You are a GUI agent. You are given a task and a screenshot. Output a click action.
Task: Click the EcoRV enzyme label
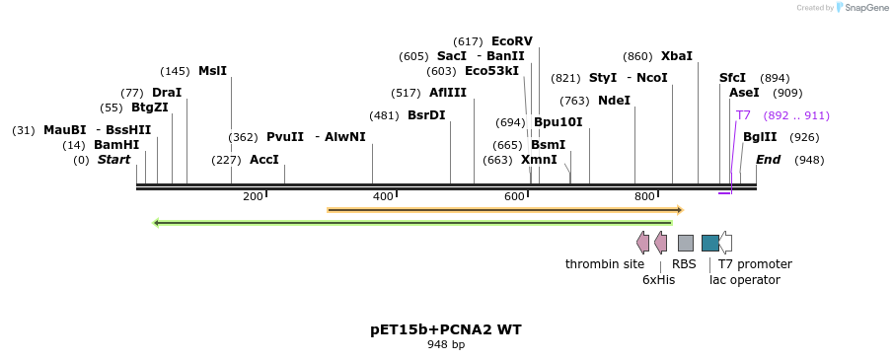pyautogui.click(x=511, y=41)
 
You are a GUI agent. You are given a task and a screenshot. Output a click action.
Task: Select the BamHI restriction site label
pyautogui.click(x=116, y=145)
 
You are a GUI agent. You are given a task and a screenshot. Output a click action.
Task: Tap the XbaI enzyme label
pyautogui.click(x=677, y=56)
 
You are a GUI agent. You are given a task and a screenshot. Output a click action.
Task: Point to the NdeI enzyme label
pyautogui.click(x=614, y=101)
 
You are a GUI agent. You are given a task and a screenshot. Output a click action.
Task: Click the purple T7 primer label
pyautogui.click(x=743, y=115)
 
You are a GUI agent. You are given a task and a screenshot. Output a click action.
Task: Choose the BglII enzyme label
pyautogui.click(x=760, y=137)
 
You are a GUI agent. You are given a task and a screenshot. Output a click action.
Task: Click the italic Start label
pyautogui.click(x=113, y=160)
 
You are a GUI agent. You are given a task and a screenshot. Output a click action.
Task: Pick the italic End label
pyautogui.click(x=769, y=160)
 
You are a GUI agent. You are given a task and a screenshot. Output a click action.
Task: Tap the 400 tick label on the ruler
pyautogui.click(x=383, y=196)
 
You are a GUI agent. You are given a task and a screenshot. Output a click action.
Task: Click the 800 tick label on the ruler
pyautogui.click(x=644, y=196)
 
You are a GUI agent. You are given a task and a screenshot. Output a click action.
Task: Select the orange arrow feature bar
pyautogui.click(x=504, y=209)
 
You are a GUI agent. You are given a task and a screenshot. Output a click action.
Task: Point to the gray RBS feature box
pyautogui.click(x=685, y=243)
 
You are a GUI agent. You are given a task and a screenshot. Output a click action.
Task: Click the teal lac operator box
pyautogui.click(x=709, y=243)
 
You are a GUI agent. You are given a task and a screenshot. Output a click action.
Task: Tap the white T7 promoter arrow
pyautogui.click(x=725, y=243)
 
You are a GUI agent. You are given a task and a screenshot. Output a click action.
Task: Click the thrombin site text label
pyautogui.click(x=605, y=264)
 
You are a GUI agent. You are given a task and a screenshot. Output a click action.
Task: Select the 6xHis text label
pyautogui.click(x=658, y=280)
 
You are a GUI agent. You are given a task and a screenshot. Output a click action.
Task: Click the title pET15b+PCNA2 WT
pyautogui.click(x=446, y=329)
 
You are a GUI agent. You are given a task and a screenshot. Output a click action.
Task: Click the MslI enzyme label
pyautogui.click(x=212, y=71)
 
